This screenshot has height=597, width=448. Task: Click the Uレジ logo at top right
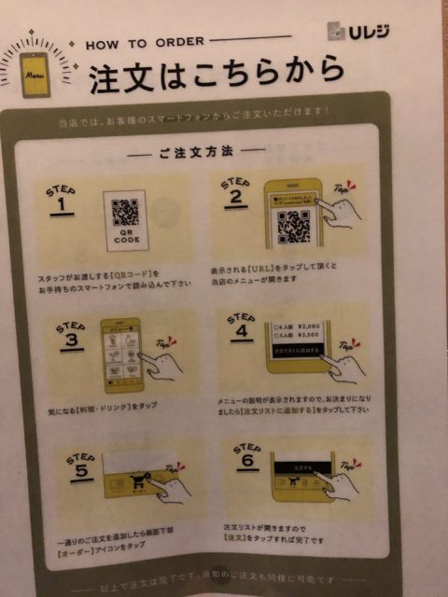pyautogui.click(x=360, y=31)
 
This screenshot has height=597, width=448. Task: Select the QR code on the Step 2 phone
pyautogui.click(x=294, y=225)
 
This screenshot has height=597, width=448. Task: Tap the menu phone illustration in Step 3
pyautogui.click(x=120, y=354)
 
